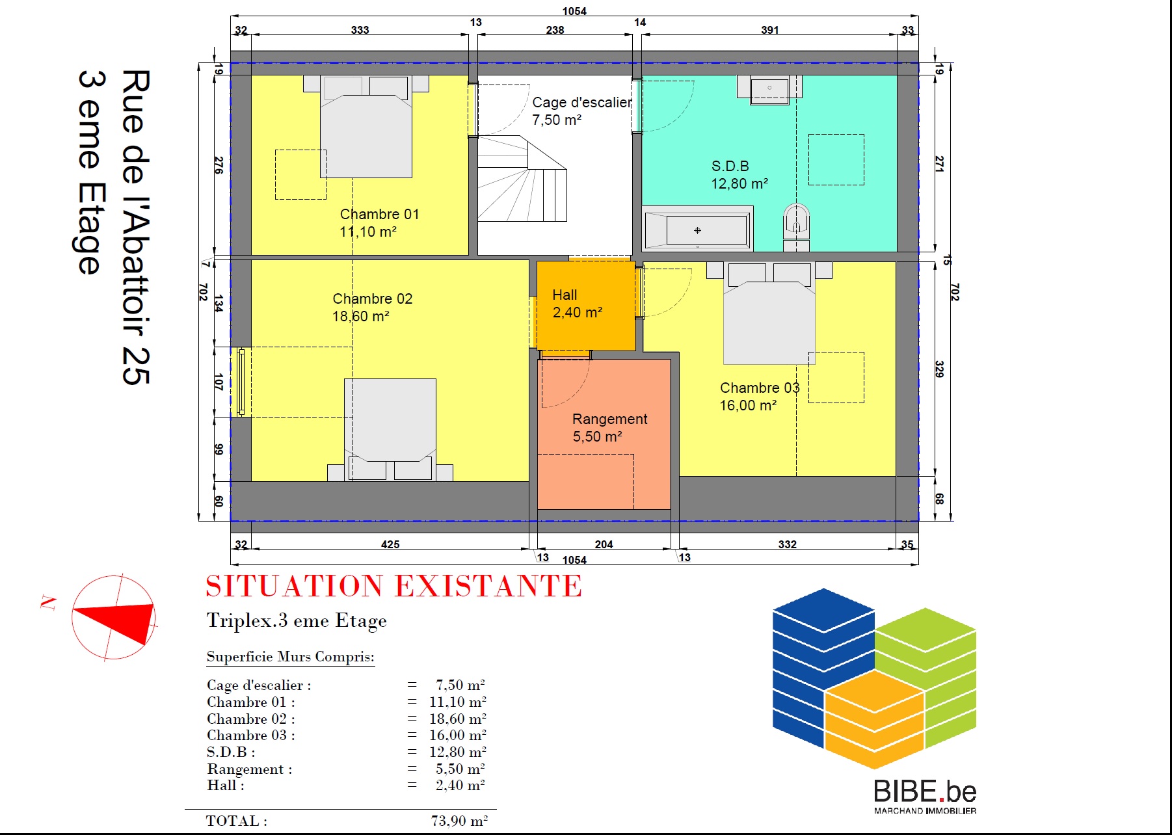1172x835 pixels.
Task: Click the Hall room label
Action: pyautogui.click(x=565, y=295)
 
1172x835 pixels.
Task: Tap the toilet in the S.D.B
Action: pyautogui.click(x=796, y=226)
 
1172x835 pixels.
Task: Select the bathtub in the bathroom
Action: pyautogui.click(x=697, y=229)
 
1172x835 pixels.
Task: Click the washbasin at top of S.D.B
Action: pyautogui.click(x=769, y=90)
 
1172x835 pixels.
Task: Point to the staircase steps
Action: pyautogui.click(x=522, y=179)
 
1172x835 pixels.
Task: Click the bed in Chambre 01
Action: pyautogui.click(x=366, y=127)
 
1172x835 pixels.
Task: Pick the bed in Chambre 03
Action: pyautogui.click(x=769, y=313)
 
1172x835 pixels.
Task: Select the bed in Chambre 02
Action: pyautogui.click(x=390, y=430)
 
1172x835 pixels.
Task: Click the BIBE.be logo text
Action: pyautogui.click(x=925, y=791)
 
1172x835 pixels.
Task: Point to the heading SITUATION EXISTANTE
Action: pyautogui.click(x=393, y=586)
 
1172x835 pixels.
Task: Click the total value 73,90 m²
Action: pyautogui.click(x=459, y=821)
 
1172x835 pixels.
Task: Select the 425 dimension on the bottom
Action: pyautogui.click(x=390, y=544)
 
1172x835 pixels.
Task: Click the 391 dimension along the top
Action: pyautogui.click(x=770, y=30)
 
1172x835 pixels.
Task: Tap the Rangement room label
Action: pyautogui.click(x=610, y=419)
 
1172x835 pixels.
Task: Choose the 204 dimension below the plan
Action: pyautogui.click(x=604, y=544)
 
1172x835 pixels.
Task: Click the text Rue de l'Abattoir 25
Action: pyautogui.click(x=135, y=227)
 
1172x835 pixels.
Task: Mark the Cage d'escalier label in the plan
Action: pyautogui.click(x=582, y=103)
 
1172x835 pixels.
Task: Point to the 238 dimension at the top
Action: pyautogui.click(x=555, y=30)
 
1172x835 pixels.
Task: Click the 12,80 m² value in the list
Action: pyautogui.click(x=458, y=752)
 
